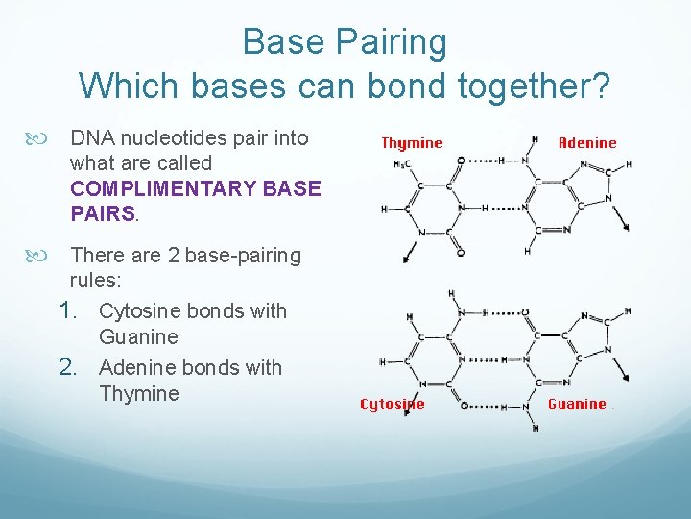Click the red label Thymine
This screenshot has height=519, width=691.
[412, 143]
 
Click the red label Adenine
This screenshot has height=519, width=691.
[587, 143]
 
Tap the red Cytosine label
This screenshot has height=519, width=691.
[392, 405]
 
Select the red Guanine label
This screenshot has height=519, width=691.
[577, 405]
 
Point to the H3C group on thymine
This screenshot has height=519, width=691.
[401, 162]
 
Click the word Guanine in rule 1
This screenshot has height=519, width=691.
[138, 337]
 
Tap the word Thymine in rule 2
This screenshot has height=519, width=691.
[138, 394]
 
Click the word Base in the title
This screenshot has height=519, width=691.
[279, 42]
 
